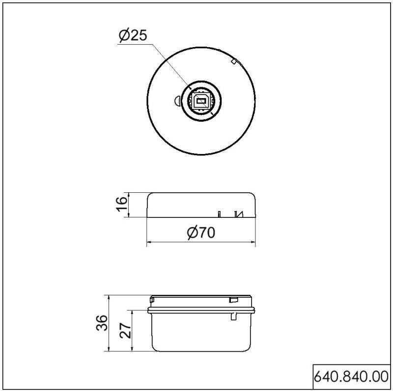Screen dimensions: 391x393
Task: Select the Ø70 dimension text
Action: point(201,233)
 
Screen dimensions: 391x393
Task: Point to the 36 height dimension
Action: point(101,323)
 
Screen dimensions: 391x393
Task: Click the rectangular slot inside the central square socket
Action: point(200,101)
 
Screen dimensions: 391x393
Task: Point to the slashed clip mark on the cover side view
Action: point(239,213)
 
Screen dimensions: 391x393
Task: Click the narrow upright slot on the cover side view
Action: point(220,213)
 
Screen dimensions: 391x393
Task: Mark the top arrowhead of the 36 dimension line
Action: point(109,298)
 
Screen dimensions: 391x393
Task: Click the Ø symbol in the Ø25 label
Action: point(124,36)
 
